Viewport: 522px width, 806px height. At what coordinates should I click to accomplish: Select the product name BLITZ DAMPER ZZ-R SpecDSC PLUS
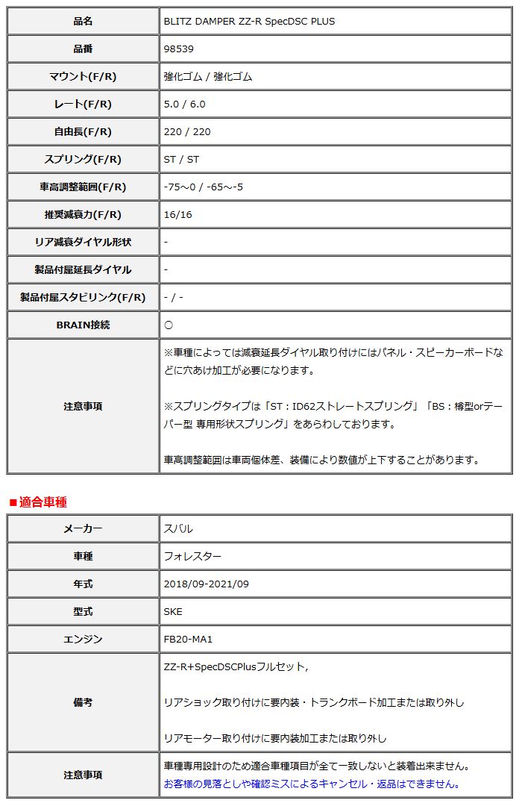pyautogui.click(x=249, y=22)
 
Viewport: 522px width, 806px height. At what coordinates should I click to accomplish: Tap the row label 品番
pyautogui.click(x=83, y=49)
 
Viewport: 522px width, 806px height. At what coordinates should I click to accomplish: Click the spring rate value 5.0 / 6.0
pyautogui.click(x=184, y=104)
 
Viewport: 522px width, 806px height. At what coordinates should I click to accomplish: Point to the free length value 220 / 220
pyautogui.click(x=187, y=132)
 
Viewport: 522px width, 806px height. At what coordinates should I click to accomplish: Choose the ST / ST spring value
pyautogui.click(x=181, y=160)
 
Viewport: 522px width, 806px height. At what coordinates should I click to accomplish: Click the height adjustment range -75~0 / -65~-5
pyautogui.click(x=203, y=187)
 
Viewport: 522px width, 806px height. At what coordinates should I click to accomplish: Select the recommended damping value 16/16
pyautogui.click(x=177, y=215)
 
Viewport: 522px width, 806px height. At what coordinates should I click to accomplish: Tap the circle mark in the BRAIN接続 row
pyautogui.click(x=169, y=325)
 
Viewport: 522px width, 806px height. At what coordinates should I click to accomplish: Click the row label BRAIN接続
pyautogui.click(x=83, y=325)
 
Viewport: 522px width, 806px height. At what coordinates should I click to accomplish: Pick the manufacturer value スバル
pyautogui.click(x=178, y=529)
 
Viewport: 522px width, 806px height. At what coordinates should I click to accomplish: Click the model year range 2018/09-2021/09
pyautogui.click(x=206, y=584)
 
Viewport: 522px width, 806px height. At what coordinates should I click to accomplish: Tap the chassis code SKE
pyautogui.click(x=173, y=612)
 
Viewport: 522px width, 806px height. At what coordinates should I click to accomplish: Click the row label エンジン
pyautogui.click(x=83, y=640)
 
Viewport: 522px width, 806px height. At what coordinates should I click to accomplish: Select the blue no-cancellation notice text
pyautogui.click(x=312, y=784)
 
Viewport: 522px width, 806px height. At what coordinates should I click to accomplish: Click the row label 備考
pyautogui.click(x=83, y=702)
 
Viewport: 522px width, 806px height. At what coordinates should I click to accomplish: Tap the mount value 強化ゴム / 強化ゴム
pyautogui.click(x=207, y=77)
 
